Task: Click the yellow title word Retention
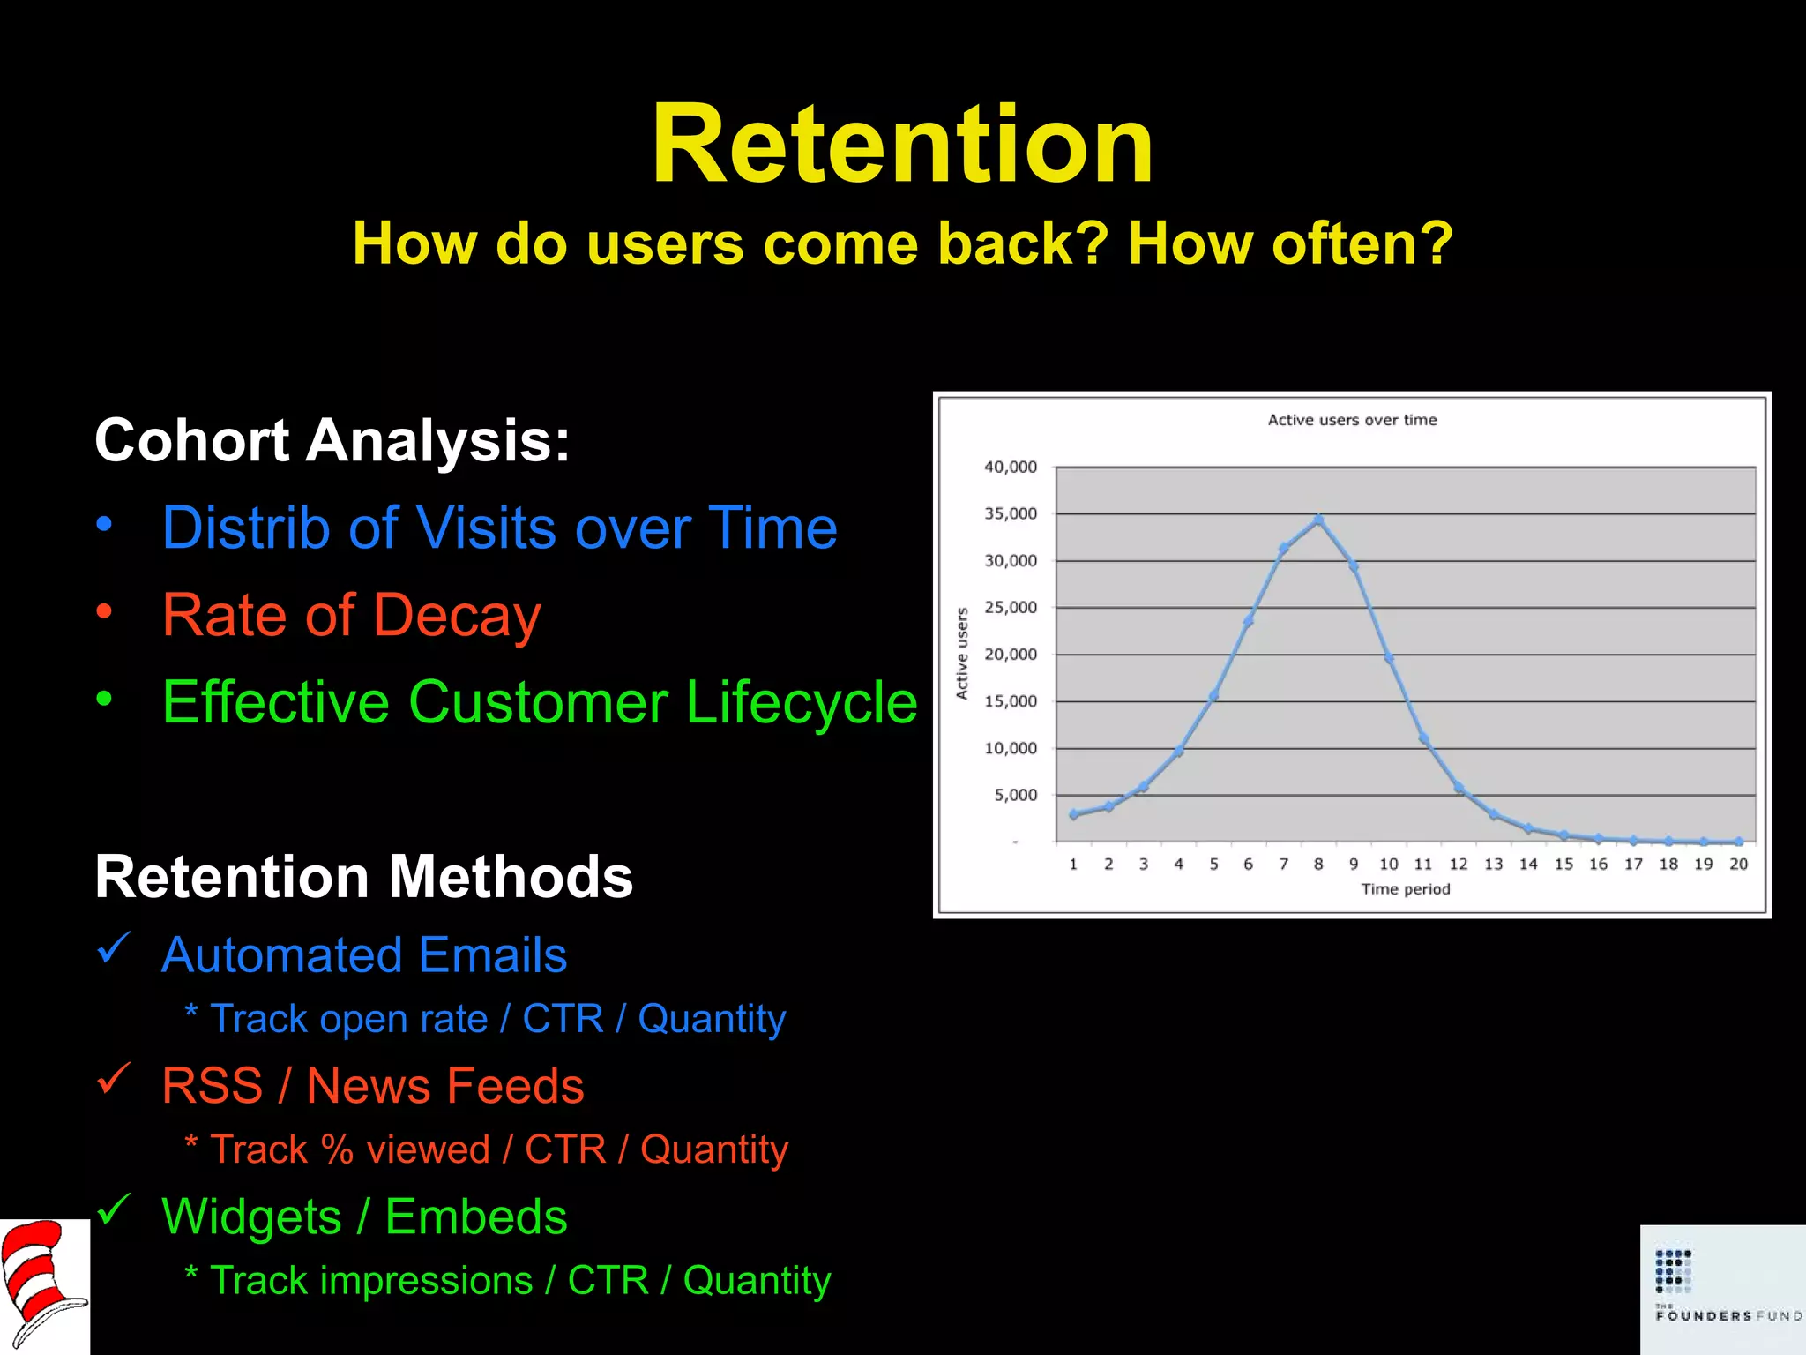coord(902,146)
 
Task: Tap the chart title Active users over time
coord(1352,420)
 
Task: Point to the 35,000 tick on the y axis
coord(1011,513)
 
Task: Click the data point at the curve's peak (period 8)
coord(1318,520)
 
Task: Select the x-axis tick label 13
coord(1493,864)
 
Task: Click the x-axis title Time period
coord(1405,889)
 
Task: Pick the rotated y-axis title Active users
coord(962,654)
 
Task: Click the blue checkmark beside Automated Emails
coord(114,948)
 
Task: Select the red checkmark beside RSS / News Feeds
coord(114,1078)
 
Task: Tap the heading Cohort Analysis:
coord(332,440)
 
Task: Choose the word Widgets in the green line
coord(251,1217)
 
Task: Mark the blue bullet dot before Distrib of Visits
coord(105,525)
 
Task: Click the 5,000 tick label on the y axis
coord(1016,795)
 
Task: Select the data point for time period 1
coord(1073,814)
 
